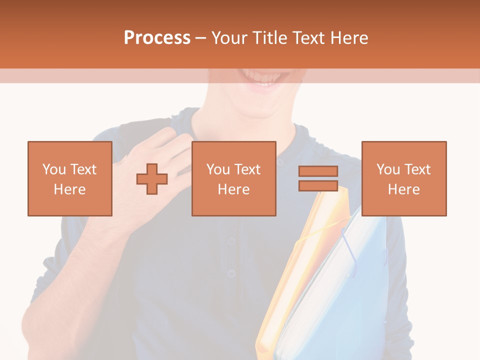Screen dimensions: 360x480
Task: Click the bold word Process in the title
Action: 157,38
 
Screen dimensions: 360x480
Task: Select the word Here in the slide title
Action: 348,38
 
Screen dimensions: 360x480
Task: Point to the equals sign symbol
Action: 318,178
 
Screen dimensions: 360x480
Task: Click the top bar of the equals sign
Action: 318,171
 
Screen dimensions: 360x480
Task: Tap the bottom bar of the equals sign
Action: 318,185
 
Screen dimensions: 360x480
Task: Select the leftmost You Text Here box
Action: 70,178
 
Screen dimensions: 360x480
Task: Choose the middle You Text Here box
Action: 233,178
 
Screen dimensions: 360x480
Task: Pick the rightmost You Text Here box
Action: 403,178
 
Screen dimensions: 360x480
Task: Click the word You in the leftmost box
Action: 54,169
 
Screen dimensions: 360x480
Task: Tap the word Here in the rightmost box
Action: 403,189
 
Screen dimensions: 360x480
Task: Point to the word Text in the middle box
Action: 247,169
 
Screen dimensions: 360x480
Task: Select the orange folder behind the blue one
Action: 290,280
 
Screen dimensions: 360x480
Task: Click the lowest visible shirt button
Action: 230,273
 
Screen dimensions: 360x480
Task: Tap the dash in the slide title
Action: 201,38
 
